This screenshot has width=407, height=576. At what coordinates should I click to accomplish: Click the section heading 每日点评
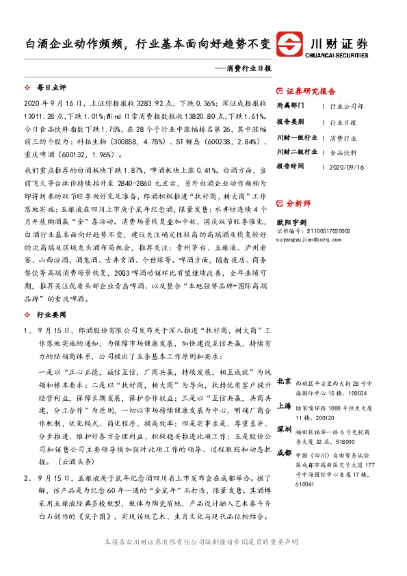(51, 88)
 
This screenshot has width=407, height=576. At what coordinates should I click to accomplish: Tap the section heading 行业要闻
(51, 315)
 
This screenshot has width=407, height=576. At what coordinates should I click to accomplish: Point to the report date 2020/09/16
(346, 166)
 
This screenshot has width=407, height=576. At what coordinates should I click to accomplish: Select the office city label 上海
(284, 405)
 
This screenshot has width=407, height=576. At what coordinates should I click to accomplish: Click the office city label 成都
(284, 452)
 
